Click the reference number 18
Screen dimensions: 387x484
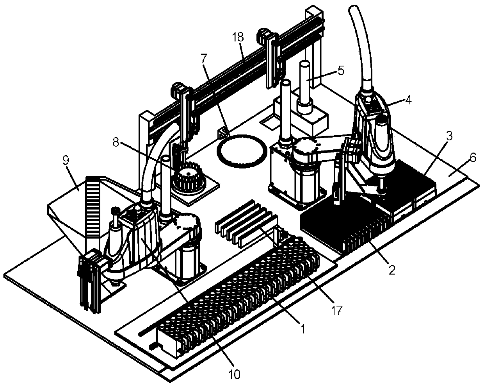tap(238, 38)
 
